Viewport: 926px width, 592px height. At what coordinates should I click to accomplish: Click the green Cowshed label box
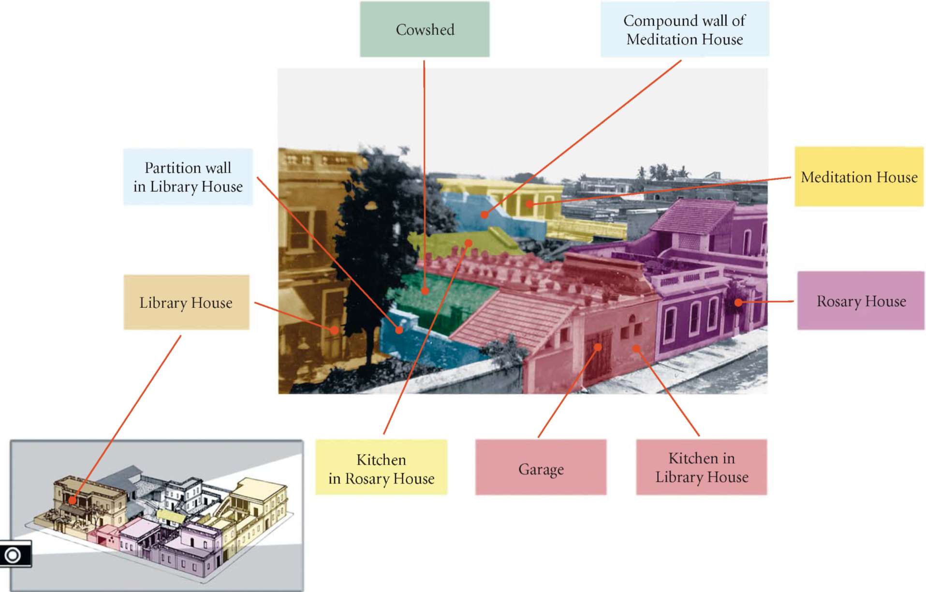point(425,29)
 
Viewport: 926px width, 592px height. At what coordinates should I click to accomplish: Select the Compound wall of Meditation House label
point(684,29)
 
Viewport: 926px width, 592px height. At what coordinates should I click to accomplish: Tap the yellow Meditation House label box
point(859,177)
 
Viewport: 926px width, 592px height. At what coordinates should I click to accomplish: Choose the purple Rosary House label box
point(861,301)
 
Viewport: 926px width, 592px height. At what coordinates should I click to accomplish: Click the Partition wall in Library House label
point(188,177)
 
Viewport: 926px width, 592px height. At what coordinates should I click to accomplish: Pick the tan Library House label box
point(186,303)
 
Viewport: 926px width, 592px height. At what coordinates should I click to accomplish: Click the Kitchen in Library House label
point(701,467)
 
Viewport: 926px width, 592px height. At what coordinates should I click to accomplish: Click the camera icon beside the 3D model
point(13,555)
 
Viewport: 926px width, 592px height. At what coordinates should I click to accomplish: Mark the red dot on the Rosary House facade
point(738,303)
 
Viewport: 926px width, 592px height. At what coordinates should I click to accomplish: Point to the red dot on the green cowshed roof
point(425,291)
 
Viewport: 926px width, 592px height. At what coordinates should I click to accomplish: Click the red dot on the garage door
point(598,347)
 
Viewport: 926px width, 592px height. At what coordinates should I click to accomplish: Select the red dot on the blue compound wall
point(484,215)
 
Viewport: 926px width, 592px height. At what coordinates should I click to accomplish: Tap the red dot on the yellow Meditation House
point(529,204)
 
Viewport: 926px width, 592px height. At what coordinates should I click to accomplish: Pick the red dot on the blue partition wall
point(399,330)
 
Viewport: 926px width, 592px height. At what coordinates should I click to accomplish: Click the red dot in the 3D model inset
point(72,501)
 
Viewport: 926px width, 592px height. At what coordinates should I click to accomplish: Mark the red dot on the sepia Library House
point(334,331)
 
